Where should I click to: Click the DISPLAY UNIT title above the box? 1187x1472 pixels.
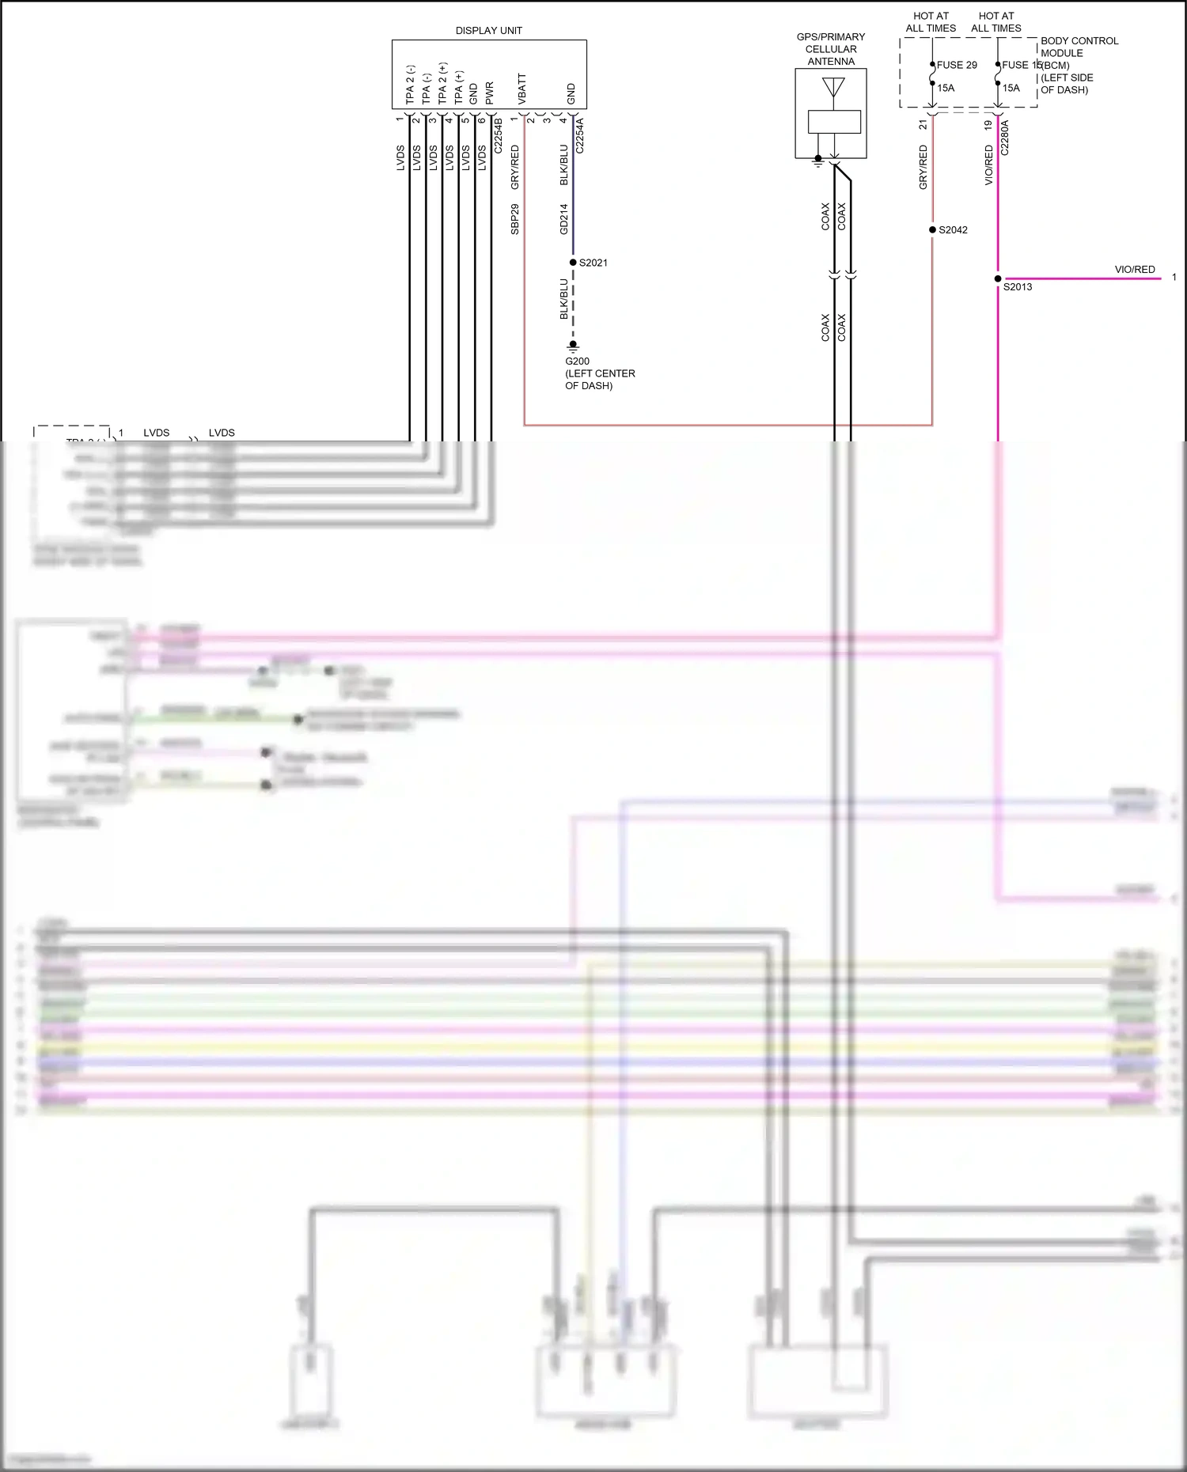(488, 31)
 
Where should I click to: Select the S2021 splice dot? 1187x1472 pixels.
(573, 263)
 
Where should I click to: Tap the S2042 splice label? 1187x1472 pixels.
(953, 230)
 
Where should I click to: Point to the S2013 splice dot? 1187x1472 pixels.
(998, 278)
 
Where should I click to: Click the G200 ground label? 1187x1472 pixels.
(577, 361)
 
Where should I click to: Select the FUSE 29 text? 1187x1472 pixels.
(957, 65)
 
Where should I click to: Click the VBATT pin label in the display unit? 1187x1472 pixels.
(521, 89)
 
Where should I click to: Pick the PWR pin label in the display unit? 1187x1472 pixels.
(489, 93)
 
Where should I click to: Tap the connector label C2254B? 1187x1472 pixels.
(499, 136)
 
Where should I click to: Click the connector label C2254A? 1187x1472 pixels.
(579, 136)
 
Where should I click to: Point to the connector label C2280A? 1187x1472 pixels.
(1005, 137)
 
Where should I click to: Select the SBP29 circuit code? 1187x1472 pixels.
(515, 219)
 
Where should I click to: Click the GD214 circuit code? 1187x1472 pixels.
(564, 219)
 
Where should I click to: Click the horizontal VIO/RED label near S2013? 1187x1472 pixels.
(1134, 270)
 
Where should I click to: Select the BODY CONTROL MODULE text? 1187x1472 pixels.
(1079, 47)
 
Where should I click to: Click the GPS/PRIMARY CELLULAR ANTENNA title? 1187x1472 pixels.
(831, 49)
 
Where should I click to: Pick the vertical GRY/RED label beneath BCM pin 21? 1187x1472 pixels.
(923, 167)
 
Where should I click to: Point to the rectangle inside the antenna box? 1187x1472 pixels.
(834, 122)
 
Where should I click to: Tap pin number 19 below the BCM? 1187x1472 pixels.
(988, 125)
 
